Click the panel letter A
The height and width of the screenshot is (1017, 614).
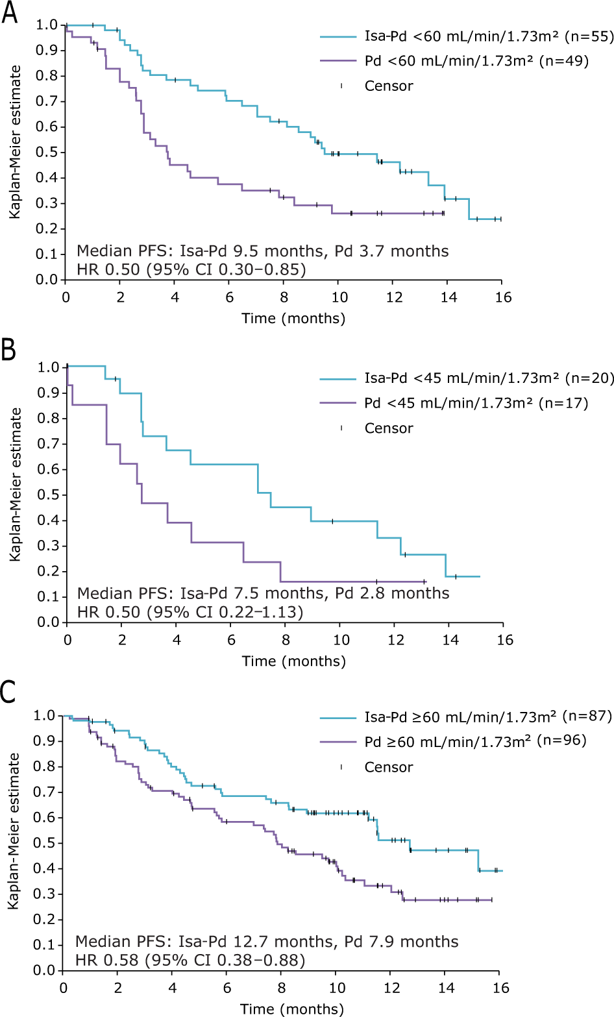pyautogui.click(x=9, y=13)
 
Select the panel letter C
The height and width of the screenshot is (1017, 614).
pyautogui.click(x=8, y=692)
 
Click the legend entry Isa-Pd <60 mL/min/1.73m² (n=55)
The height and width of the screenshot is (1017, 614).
pyautogui.click(x=489, y=36)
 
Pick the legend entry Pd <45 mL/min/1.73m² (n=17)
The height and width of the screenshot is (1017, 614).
pyautogui.click(x=476, y=403)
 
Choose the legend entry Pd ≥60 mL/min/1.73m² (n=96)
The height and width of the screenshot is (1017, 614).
pyautogui.click(x=475, y=741)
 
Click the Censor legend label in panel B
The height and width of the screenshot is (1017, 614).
pyautogui.click(x=388, y=428)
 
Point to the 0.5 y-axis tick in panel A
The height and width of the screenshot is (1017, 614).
pyautogui.click(x=47, y=152)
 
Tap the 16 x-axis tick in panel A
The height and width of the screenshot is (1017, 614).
pyautogui.click(x=503, y=297)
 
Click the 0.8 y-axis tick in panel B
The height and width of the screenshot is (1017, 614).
pyautogui.click(x=49, y=419)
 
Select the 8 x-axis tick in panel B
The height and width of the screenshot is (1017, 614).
pyautogui.click(x=286, y=640)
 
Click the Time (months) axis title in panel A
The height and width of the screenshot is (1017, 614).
pyautogui.click(x=293, y=319)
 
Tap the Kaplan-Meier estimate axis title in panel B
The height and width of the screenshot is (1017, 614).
pyautogui.click(x=16, y=484)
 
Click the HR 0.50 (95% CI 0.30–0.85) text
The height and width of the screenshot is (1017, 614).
pyautogui.click(x=191, y=269)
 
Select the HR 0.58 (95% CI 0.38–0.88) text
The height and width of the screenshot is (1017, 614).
pyautogui.click(x=190, y=959)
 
